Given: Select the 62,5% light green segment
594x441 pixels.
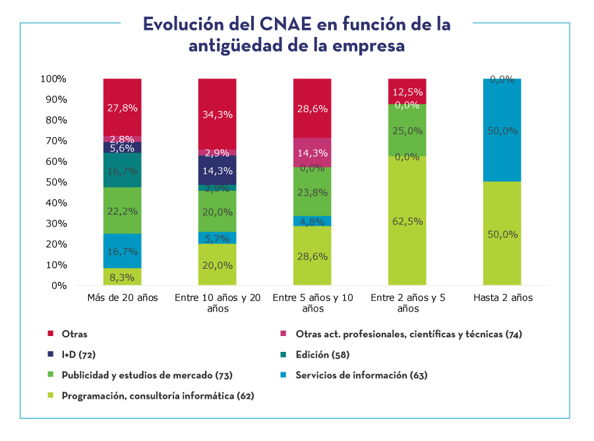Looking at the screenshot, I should tap(407, 221).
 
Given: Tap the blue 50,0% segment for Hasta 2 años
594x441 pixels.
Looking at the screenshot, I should tap(502, 130).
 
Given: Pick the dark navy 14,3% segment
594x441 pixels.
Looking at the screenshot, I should tap(218, 170).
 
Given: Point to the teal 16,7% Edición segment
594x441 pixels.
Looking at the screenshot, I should tap(123, 170).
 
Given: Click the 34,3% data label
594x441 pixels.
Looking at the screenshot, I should tap(218, 115).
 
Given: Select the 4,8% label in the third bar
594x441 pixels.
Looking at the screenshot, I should tap(312, 221).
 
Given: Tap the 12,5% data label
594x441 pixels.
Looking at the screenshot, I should tap(407, 92).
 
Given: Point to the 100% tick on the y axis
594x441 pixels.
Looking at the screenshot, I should tap(53, 79).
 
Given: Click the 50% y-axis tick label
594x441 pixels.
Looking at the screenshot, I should tap(56, 182).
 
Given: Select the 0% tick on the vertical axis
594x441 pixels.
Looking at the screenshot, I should tap(59, 286).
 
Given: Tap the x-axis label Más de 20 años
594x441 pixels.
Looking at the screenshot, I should tap(123, 298).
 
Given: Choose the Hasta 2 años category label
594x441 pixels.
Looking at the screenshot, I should tap(502, 298).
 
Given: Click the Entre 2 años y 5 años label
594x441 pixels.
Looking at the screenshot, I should tap(408, 303).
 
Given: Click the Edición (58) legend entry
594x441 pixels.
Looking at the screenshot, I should tap(322, 355).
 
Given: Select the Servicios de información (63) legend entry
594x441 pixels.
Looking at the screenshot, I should tap(361, 375).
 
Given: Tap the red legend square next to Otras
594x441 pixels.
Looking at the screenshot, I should tap(50, 334).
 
